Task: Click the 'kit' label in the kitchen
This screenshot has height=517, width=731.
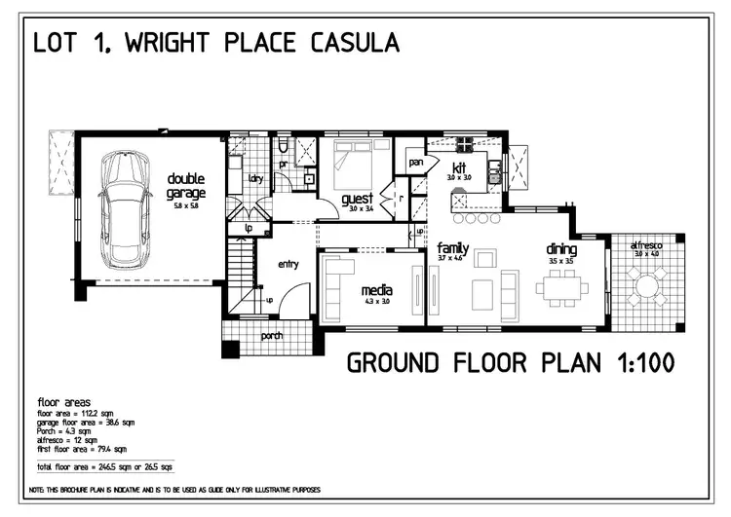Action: [459, 167]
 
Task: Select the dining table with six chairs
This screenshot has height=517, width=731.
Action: [564, 288]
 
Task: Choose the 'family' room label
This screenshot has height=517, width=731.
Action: [453, 248]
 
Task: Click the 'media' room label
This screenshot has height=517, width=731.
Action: [376, 290]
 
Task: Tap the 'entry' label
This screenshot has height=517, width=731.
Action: [289, 264]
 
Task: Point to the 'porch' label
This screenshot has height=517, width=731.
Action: [272, 337]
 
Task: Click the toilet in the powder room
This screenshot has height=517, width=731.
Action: [282, 147]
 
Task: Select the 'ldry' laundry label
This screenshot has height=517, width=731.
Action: [256, 178]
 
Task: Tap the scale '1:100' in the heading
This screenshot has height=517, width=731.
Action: [636, 364]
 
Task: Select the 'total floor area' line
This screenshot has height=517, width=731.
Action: [100, 468]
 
